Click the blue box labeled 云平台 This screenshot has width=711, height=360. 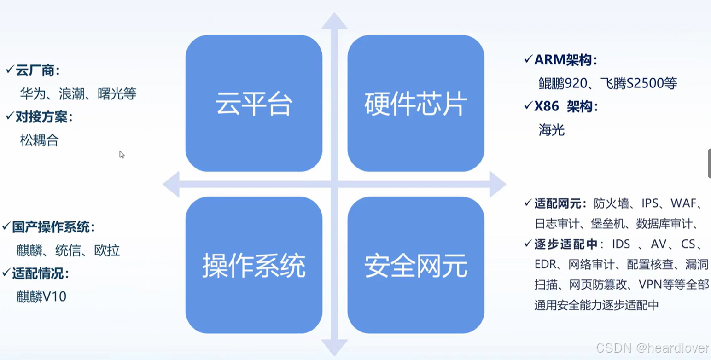[x=254, y=103]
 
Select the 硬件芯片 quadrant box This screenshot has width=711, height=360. [x=415, y=103]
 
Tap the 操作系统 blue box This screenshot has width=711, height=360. [x=254, y=265]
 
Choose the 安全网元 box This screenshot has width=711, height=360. [x=415, y=265]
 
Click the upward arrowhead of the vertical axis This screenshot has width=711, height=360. [x=334, y=22]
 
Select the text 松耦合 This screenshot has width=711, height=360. [x=40, y=140]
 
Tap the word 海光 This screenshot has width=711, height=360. [x=552, y=130]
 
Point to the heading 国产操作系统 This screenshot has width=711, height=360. [x=53, y=227]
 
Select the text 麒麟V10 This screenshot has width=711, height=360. [x=41, y=297]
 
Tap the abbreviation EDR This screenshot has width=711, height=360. [x=546, y=264]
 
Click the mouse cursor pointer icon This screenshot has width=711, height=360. [x=122, y=155]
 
